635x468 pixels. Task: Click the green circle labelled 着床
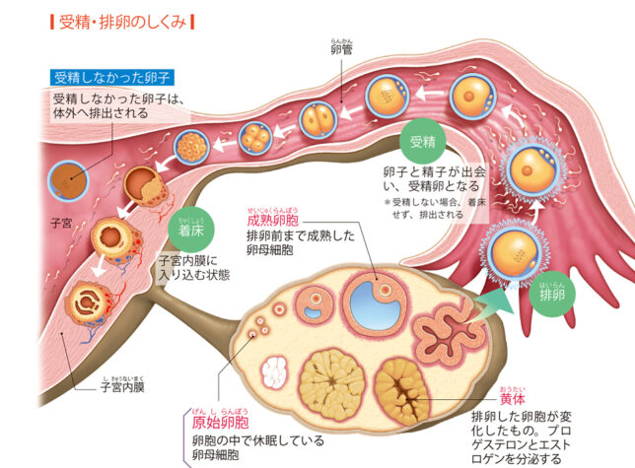tap(192, 232)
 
